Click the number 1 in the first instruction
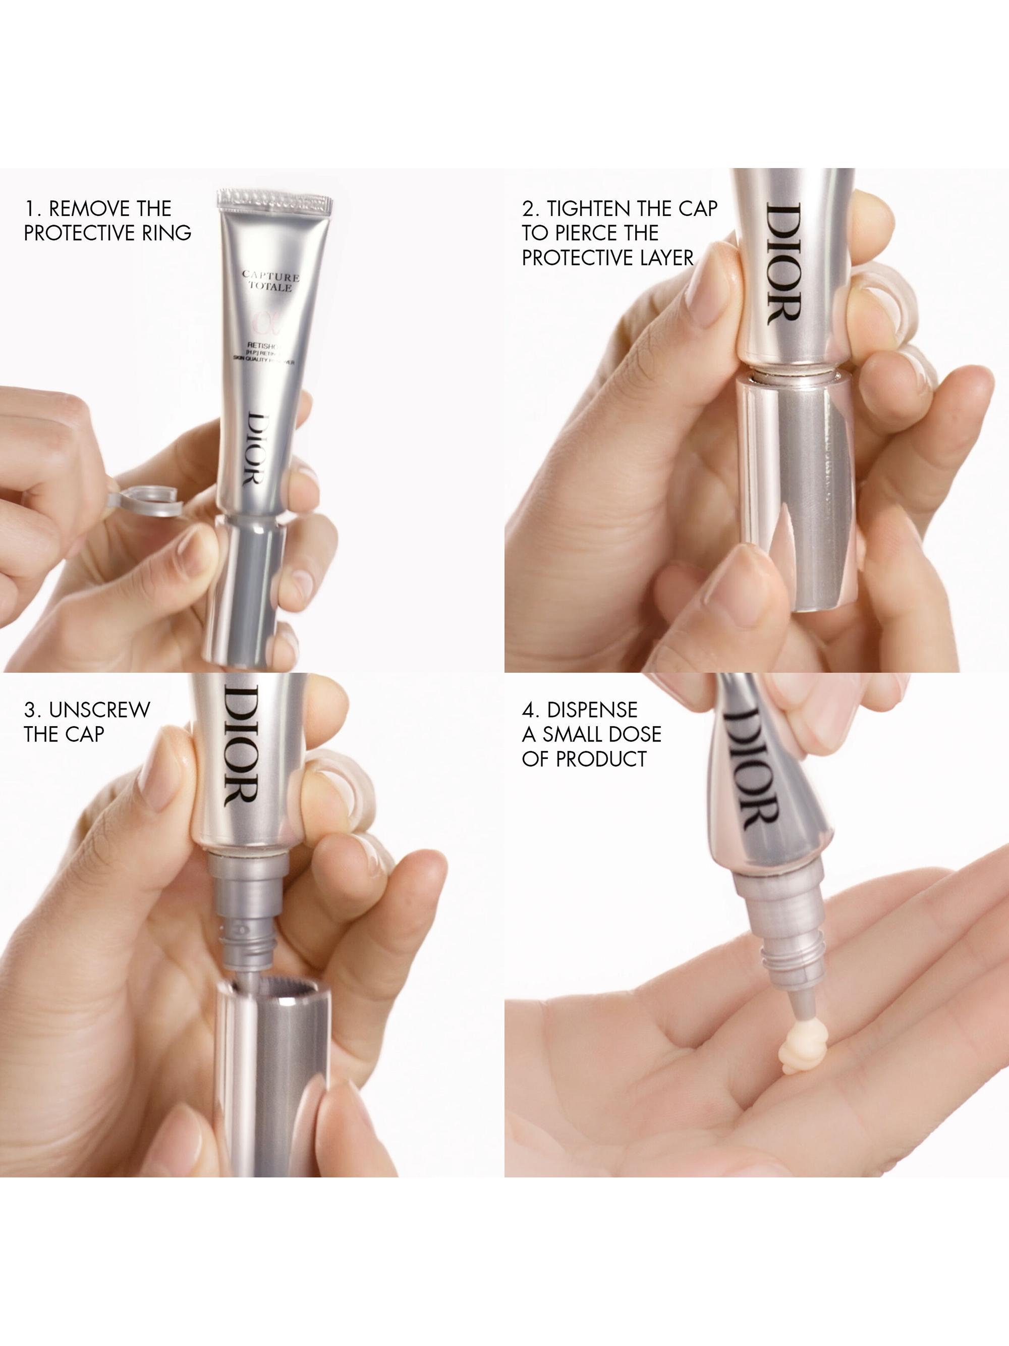click(29, 209)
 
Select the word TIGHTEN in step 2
click(588, 209)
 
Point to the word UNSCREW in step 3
click(99, 710)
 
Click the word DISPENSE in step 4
click(592, 710)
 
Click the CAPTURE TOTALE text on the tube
click(270, 281)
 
